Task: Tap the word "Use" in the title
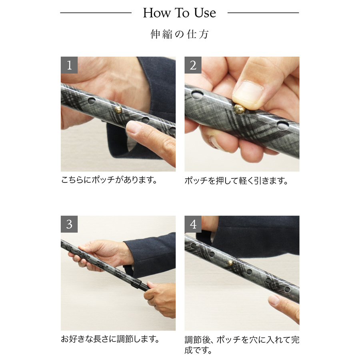205,13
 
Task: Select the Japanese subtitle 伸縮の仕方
180,34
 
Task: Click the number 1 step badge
69,65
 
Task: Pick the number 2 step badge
193,65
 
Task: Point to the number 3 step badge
69,224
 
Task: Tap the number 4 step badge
193,224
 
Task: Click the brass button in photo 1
118,110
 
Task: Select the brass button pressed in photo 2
240,109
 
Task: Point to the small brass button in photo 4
230,263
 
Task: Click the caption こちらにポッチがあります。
109,180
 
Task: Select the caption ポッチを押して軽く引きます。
236,181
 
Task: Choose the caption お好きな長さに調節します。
110,339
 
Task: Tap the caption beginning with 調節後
242,345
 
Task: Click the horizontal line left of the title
96,13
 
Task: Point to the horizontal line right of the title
263,13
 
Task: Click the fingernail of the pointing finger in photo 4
274,300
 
